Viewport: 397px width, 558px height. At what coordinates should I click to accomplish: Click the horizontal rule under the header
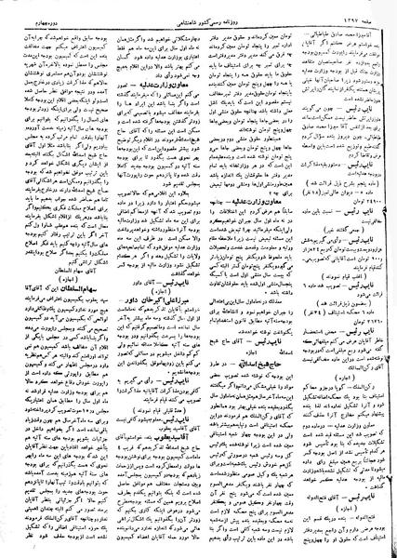[x=198, y=16]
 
